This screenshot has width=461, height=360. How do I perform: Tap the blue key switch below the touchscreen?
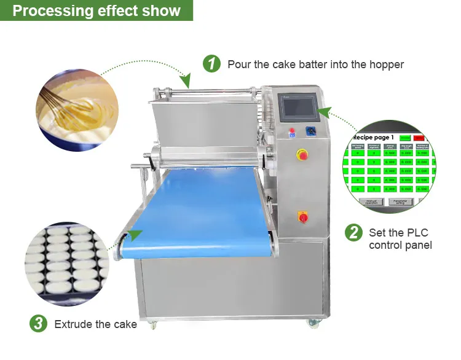click(x=312, y=131)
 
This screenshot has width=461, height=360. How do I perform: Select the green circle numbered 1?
click(x=212, y=63)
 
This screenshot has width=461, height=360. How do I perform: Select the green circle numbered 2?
click(x=353, y=233)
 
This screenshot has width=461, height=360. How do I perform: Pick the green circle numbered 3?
click(x=38, y=324)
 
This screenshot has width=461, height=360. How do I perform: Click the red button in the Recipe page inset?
click(x=419, y=138)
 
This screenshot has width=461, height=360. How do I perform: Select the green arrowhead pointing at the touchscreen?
click(x=328, y=112)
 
